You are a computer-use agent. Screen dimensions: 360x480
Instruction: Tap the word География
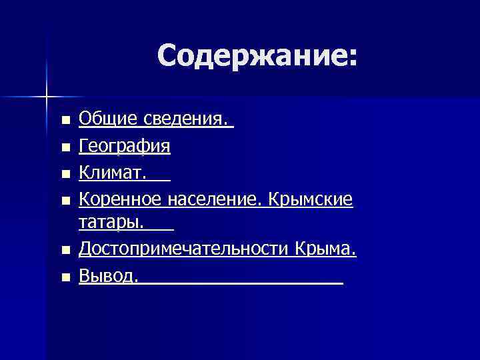point(125,146)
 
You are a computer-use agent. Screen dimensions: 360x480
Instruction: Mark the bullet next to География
point(65,147)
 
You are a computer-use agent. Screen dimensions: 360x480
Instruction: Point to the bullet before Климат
point(65,174)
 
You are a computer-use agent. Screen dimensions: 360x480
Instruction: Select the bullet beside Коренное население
point(65,200)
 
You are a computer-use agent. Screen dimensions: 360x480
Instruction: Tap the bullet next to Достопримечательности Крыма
point(65,251)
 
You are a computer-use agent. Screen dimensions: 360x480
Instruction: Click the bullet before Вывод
point(65,277)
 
